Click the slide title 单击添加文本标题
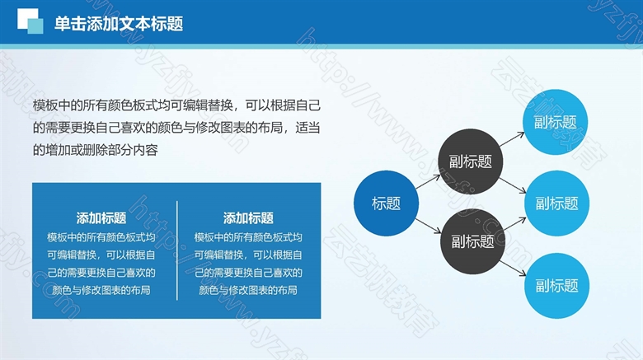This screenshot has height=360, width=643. (119, 24)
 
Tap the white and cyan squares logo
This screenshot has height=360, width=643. (30, 21)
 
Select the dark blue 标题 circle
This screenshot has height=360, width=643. (386, 203)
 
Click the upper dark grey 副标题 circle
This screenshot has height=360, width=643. (471, 161)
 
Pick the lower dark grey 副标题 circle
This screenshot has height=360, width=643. (473, 241)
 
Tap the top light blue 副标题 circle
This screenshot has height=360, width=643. (556, 122)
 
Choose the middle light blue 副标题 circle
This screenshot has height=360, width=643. (557, 203)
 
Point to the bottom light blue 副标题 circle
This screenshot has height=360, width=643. (557, 286)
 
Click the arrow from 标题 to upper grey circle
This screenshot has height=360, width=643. (428, 182)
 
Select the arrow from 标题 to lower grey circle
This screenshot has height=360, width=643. (428, 226)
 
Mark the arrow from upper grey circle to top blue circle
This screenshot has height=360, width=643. (512, 139)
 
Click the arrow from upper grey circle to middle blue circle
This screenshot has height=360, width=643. (513, 185)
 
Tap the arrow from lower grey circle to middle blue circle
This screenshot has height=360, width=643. (514, 224)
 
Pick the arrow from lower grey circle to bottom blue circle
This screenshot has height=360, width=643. (513, 269)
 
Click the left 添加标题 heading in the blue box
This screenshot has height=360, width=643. (101, 218)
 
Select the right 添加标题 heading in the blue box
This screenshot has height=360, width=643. (248, 218)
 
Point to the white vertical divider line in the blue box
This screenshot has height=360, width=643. (177, 250)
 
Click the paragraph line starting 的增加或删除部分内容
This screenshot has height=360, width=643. (96, 150)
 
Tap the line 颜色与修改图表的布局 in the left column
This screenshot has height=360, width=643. (101, 290)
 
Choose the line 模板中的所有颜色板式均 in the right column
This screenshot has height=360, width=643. (248, 237)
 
